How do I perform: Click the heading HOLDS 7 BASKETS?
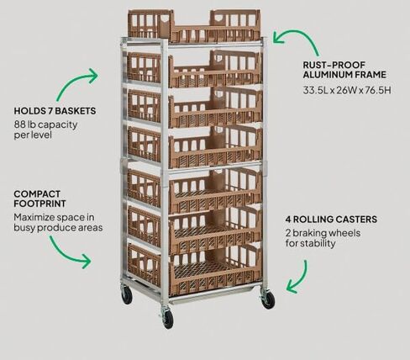[x=55, y=111]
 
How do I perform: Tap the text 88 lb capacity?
[x=45, y=124]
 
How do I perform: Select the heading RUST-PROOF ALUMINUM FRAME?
[x=344, y=70]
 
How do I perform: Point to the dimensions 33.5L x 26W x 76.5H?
[x=347, y=90]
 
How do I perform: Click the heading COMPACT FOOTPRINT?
[x=39, y=199]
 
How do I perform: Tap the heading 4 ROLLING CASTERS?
[x=331, y=220]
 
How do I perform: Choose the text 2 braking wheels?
[x=323, y=233]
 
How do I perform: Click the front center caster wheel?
[x=168, y=319]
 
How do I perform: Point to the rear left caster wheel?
[x=127, y=295]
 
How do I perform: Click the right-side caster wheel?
[x=269, y=299]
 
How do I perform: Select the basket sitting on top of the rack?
[x=194, y=26]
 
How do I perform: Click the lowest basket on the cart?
[x=194, y=269]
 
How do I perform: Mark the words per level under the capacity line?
[x=33, y=135]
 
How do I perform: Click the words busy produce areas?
[x=58, y=228]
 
